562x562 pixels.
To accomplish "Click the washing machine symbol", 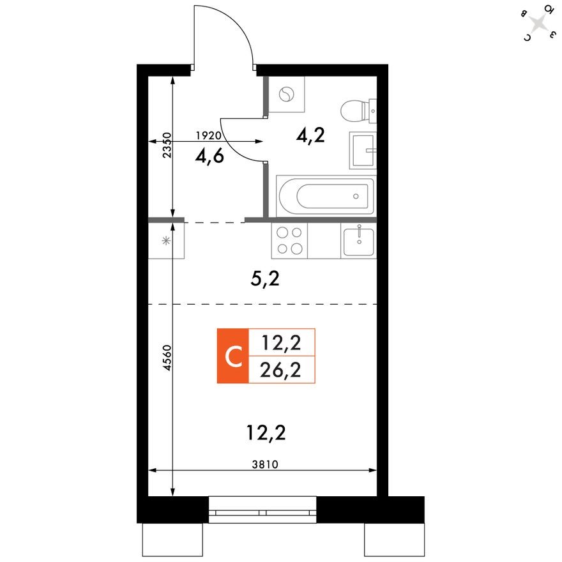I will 287,95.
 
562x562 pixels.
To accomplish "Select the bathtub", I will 325,196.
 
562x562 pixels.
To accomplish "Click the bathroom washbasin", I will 363,151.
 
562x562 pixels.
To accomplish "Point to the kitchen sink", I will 359,241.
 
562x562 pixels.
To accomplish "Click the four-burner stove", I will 289,240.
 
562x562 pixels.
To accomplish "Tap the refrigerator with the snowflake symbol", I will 166,240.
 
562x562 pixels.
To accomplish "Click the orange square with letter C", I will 232,356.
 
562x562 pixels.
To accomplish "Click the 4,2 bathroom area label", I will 311,135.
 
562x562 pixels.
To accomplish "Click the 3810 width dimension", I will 262,464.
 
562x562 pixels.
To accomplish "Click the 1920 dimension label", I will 208,135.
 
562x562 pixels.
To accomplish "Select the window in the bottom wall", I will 262,510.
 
